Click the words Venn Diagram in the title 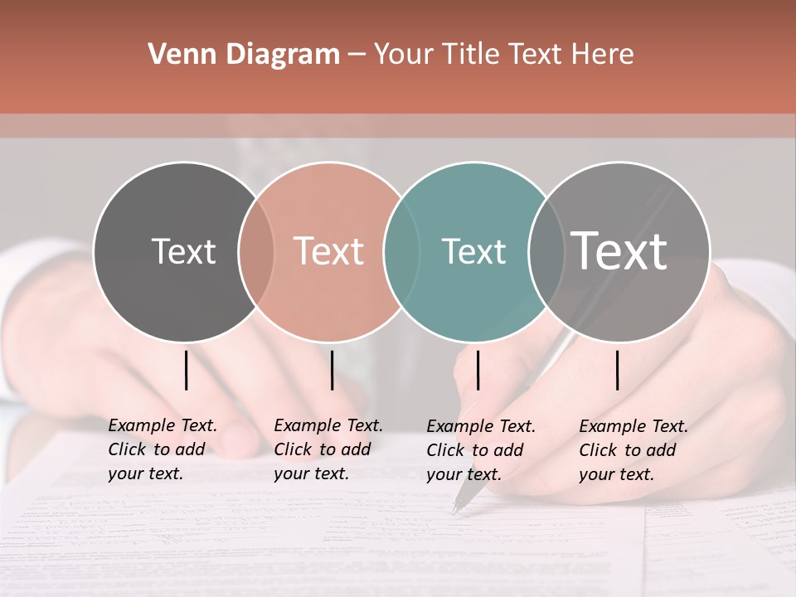click(244, 55)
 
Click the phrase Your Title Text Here click(503, 55)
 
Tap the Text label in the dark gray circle click(183, 251)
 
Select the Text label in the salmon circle click(328, 251)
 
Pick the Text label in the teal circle click(473, 251)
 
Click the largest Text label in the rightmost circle click(619, 250)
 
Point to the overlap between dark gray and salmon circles click(256, 252)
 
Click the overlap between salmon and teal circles click(401, 252)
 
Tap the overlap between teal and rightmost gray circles click(546, 252)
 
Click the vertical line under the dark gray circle click(187, 370)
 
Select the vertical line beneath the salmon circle click(332, 370)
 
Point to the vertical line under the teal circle click(478, 370)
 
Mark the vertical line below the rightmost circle click(618, 370)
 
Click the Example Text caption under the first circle click(162, 449)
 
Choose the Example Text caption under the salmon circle click(328, 449)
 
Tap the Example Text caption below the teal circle click(480, 450)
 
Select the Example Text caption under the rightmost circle click(633, 450)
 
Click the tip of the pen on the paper click(454, 512)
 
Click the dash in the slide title click(357, 56)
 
